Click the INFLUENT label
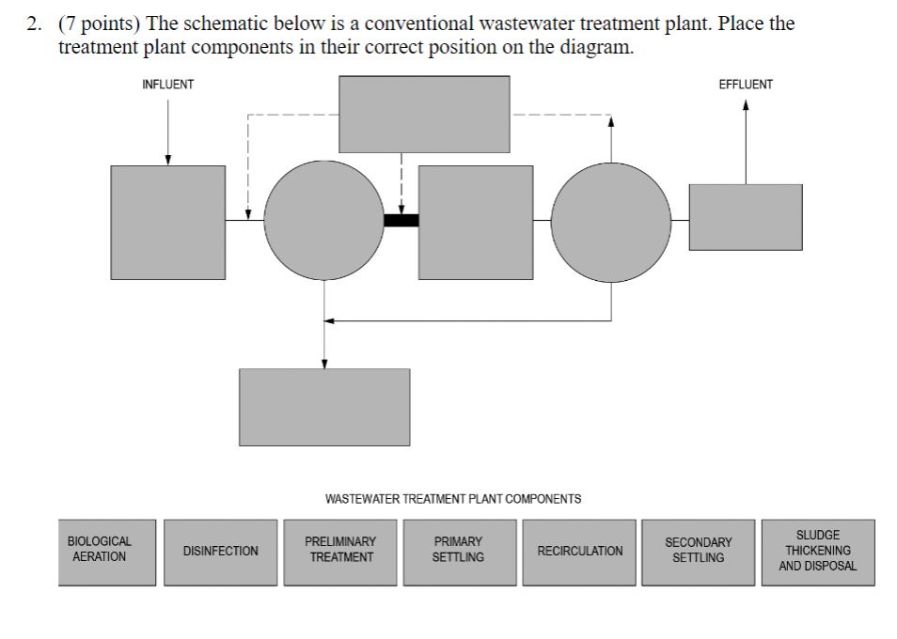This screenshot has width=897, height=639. coord(167,85)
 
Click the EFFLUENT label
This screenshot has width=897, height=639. coord(745,85)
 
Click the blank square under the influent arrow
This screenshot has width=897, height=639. coord(167,222)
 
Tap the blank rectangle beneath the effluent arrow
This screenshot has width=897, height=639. coord(746,216)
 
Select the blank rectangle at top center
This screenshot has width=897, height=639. coord(424,114)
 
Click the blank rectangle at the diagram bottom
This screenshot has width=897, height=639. coord(324,406)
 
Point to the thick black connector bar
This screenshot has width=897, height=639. coord(401,221)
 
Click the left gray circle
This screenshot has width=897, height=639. coord(324,220)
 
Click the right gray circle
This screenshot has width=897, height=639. coord(611,220)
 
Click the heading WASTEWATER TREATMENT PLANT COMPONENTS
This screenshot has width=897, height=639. coord(452,499)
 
